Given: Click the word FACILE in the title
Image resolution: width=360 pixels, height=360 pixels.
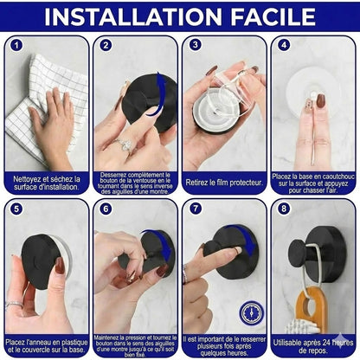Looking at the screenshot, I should click(265, 16).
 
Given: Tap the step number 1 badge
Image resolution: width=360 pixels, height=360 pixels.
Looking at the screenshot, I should click(16, 46).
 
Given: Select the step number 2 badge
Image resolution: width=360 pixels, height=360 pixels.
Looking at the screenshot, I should click(106, 46).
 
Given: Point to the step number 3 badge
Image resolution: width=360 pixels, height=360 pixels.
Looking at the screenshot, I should click(195, 46).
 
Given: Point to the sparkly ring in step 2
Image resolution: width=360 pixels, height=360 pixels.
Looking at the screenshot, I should click(125, 145).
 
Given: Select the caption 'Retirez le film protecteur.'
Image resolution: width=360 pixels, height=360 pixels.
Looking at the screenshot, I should click(224, 183).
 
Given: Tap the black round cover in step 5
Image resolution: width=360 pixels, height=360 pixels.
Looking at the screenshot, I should click(45, 260).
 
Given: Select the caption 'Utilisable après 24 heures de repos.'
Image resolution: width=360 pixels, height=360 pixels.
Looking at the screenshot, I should click(314, 346).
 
